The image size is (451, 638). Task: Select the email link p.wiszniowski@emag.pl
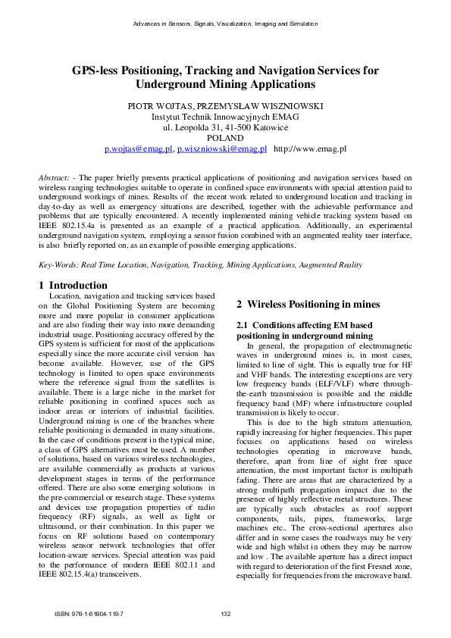click(221, 150)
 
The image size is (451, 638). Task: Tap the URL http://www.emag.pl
click(309, 150)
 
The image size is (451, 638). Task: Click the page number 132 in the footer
click(225, 614)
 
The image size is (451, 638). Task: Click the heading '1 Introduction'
click(73, 285)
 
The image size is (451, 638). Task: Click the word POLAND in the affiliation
click(225, 139)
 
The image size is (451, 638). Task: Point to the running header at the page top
click(225, 24)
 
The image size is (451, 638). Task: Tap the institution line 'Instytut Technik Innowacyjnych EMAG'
click(225, 117)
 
